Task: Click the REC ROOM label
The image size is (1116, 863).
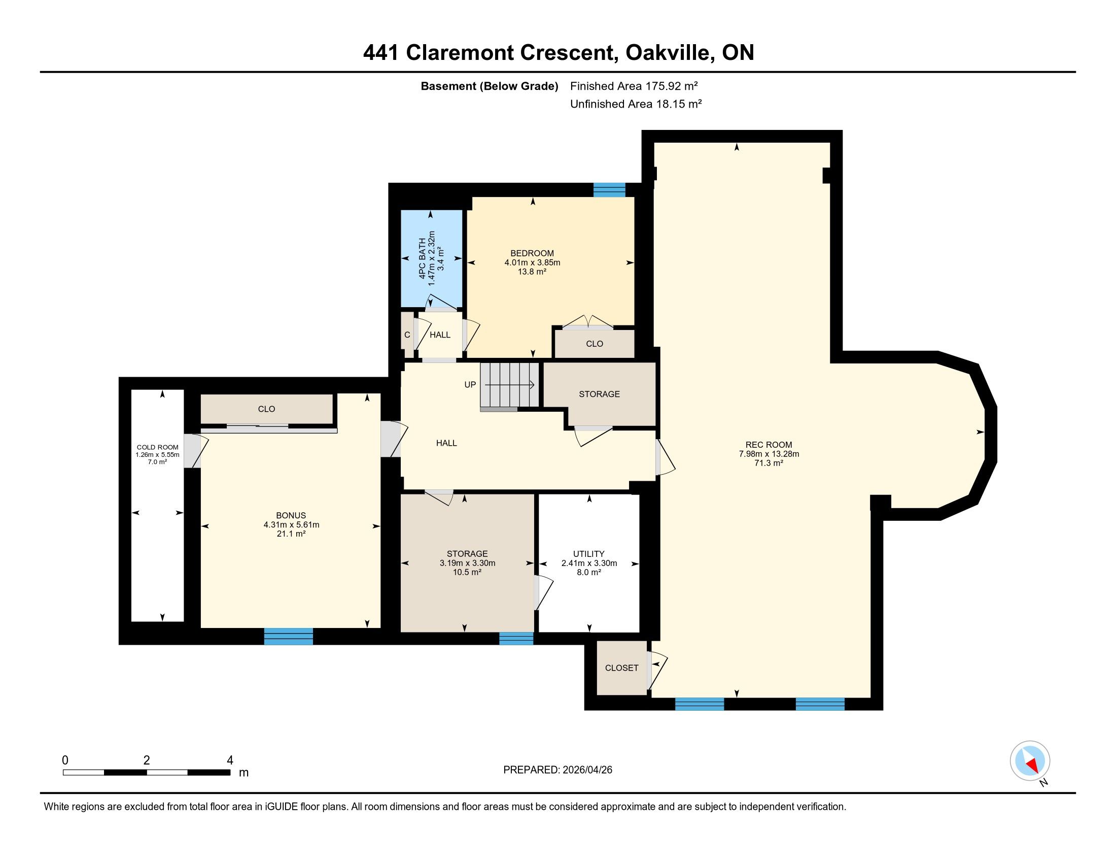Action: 769,445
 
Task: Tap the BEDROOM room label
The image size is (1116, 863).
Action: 532,253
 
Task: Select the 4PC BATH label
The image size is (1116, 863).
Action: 422,258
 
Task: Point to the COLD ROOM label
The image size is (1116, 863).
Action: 157,447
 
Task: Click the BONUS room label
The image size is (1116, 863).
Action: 291,515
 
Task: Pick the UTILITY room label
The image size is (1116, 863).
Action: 588,554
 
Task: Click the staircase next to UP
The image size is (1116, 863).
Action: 509,385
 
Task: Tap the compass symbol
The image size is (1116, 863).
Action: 1030,760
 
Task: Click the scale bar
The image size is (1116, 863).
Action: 147,773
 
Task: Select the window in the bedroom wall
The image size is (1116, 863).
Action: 609,190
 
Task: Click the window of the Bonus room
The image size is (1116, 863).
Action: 288,636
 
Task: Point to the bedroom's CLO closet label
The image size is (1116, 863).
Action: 595,344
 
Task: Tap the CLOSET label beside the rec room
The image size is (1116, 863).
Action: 621,668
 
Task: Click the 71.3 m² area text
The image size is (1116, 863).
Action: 769,463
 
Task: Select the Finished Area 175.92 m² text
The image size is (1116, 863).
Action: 634,86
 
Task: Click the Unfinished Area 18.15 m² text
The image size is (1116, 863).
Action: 636,104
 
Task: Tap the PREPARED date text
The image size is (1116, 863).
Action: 557,770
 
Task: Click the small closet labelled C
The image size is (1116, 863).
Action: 407,335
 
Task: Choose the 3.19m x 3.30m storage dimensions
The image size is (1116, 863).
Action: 467,563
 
